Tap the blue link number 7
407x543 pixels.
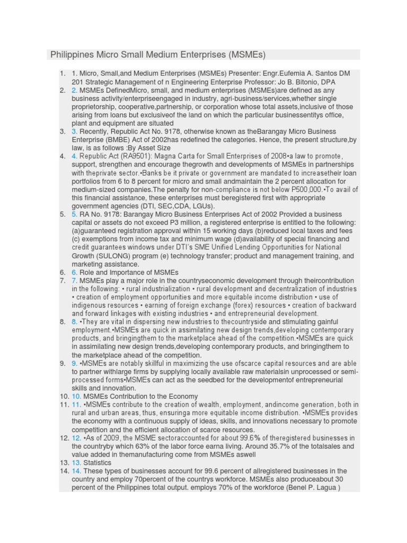click(x=75, y=281)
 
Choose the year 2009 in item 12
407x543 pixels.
click(x=110, y=438)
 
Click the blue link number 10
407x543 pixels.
click(x=76, y=396)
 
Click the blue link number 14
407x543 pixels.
click(x=76, y=471)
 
